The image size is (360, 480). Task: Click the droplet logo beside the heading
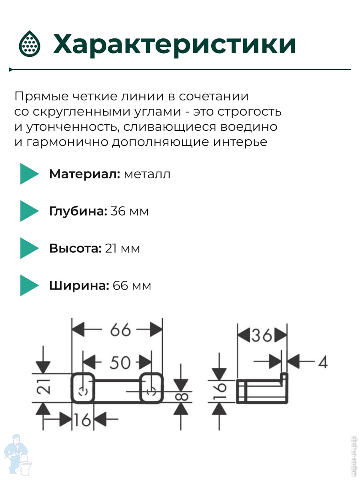(30, 44)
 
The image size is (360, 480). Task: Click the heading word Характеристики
(174, 44)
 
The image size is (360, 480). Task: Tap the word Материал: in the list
(84, 174)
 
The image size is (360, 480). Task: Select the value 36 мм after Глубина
(129, 211)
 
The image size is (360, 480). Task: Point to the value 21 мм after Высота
(122, 248)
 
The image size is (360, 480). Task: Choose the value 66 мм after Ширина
(132, 286)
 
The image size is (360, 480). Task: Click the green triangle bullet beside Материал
(29, 174)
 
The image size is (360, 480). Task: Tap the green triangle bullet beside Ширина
(29, 285)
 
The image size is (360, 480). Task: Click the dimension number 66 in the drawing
(120, 330)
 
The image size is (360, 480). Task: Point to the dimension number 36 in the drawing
(262, 336)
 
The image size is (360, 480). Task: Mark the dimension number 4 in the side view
(323, 362)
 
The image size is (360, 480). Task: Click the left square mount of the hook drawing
(83, 388)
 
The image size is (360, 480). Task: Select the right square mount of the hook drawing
(151, 388)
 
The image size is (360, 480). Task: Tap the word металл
(147, 174)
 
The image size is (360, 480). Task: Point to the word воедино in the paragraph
(249, 127)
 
